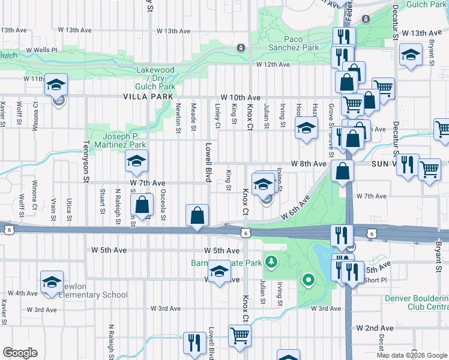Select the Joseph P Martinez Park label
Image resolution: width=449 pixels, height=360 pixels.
(x=116, y=140)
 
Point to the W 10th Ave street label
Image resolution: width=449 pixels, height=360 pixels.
(x=240, y=97)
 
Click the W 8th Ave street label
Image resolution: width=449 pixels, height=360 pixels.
(x=309, y=163)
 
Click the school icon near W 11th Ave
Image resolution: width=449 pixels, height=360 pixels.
(x=56, y=85)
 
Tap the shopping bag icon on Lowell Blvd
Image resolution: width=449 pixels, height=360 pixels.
(x=197, y=215)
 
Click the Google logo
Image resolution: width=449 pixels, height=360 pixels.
(x=20, y=352)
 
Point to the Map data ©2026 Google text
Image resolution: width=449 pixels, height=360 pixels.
(x=411, y=355)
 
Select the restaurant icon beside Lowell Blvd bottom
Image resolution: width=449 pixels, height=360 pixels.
(x=194, y=343)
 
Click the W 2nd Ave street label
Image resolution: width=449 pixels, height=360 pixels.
(x=375, y=328)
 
